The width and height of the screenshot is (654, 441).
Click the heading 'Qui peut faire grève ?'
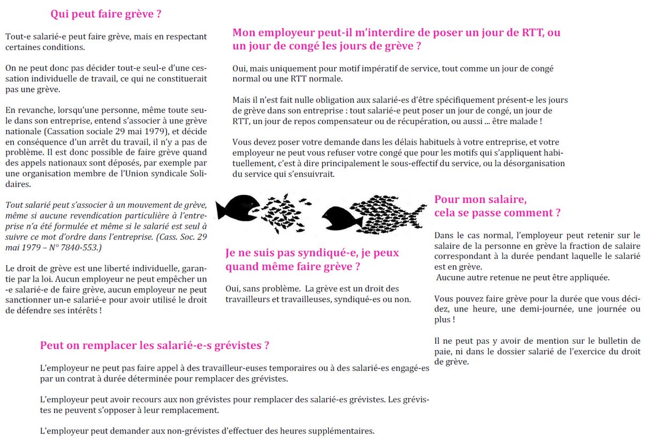point(106,15)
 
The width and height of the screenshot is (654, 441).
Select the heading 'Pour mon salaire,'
point(480,199)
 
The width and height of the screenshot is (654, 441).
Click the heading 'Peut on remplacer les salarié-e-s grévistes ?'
point(155,345)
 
